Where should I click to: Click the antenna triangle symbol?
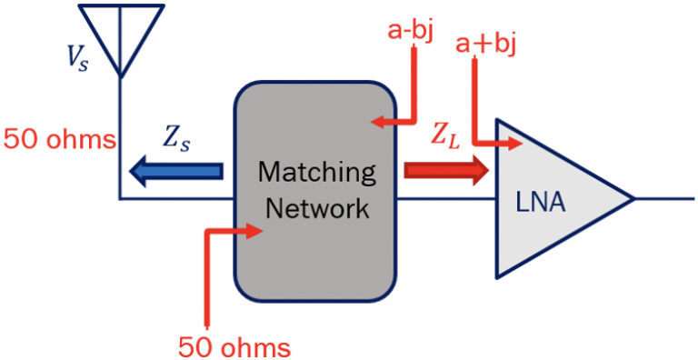coord(122,33)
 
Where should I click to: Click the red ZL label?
coord(445,137)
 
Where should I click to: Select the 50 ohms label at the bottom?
coord(234,346)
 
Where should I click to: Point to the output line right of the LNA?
coord(663,197)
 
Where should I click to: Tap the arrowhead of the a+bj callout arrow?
coord(518,143)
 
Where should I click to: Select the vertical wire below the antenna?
coord(120,136)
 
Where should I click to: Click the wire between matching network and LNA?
coord(444,197)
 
